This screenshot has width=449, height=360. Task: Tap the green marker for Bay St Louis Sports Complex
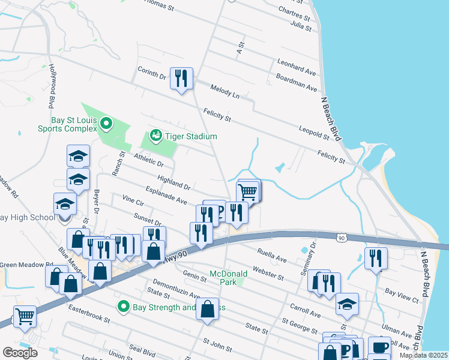pos(107,124)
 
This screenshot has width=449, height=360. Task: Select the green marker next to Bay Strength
pos(124,307)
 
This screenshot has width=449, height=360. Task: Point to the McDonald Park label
pos(228,278)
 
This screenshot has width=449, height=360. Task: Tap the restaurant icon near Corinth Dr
pos(181,78)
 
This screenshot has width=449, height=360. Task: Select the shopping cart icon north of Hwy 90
pos(248,192)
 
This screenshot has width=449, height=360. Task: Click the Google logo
pos(20,352)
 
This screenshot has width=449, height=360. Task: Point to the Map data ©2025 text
pos(423,355)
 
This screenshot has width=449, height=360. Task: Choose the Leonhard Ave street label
pos(296,67)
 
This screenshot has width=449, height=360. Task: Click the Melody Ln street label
pos(224,92)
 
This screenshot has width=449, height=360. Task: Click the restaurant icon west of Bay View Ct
pos(376,259)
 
